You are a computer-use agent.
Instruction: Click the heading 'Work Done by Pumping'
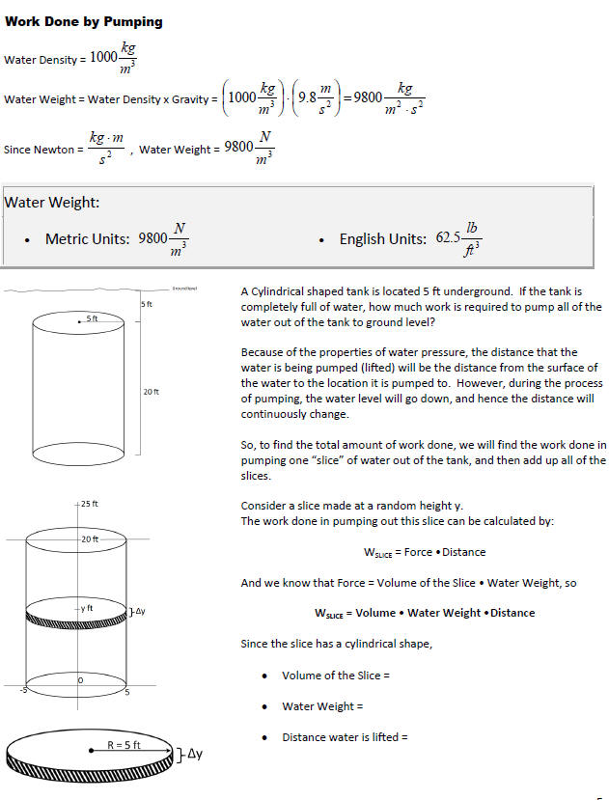(84, 21)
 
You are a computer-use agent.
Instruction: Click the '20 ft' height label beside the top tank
(151, 392)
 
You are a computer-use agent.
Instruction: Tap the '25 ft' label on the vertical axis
(89, 505)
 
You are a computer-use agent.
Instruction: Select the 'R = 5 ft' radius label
(124, 745)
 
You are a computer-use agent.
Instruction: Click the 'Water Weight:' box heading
(52, 203)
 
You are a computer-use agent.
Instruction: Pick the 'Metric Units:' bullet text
(88, 238)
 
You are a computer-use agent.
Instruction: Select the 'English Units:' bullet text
(382, 238)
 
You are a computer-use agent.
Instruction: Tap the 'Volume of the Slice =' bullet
(335, 676)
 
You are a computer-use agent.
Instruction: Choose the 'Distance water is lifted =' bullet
(345, 737)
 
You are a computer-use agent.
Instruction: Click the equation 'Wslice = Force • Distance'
(424, 552)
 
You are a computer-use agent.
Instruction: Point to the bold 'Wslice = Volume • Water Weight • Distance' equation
(424, 613)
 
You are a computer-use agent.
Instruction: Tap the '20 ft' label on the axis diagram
(89, 538)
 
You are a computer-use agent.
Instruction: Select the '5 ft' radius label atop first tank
(92, 317)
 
